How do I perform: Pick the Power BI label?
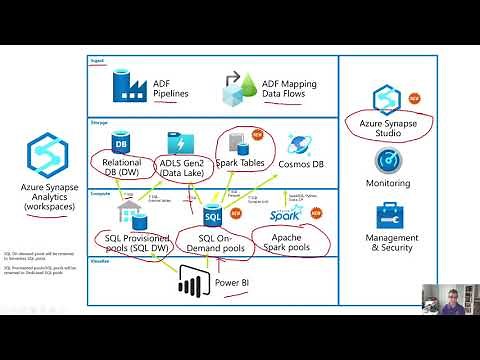pos(239,281)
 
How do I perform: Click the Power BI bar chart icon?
pos(191,282)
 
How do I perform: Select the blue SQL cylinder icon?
pos(212,215)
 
